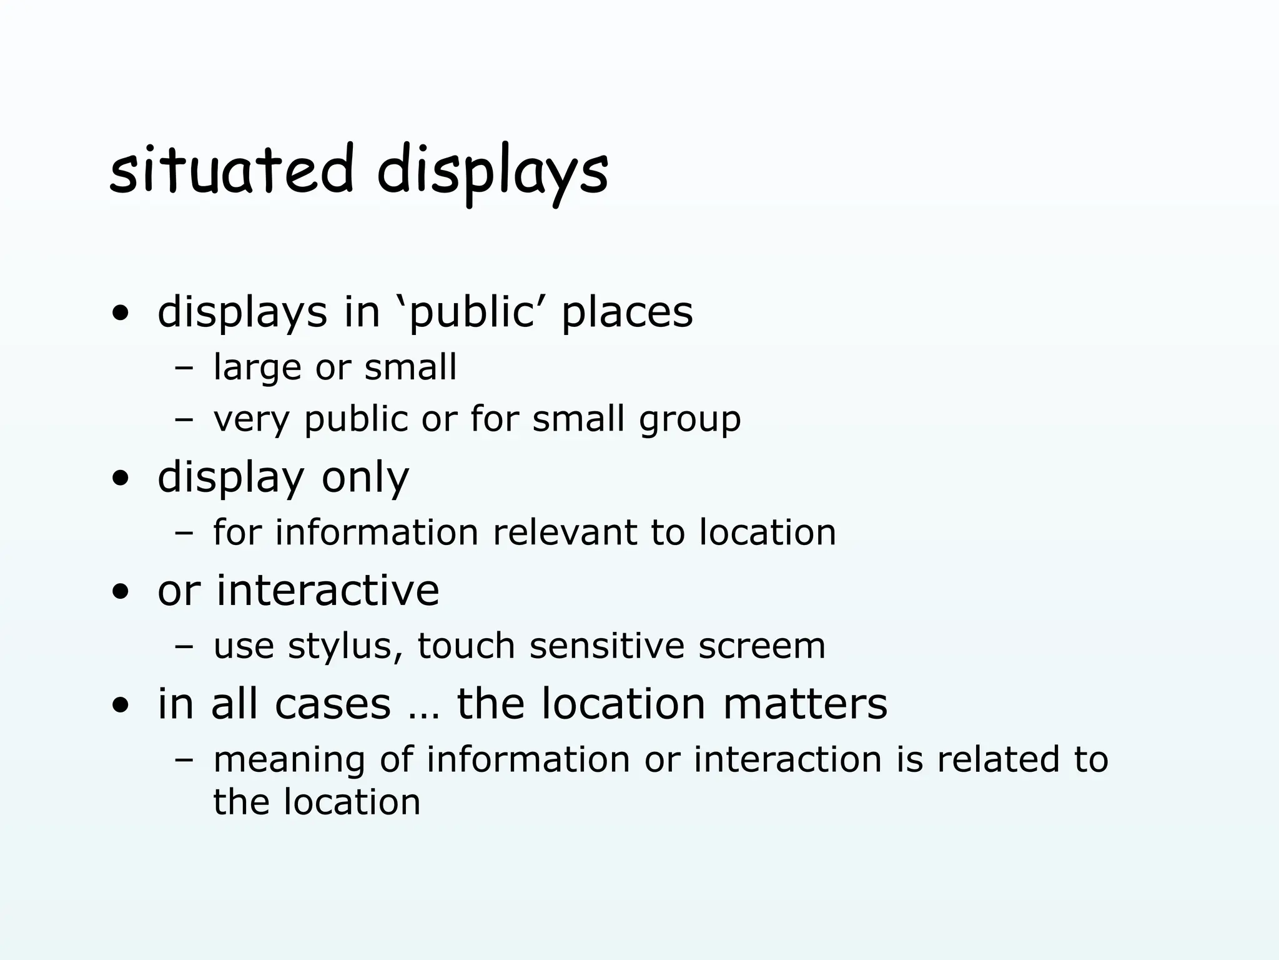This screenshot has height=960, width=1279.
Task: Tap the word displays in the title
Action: point(492,172)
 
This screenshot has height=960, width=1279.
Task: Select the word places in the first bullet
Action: point(627,312)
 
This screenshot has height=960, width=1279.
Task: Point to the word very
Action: point(251,419)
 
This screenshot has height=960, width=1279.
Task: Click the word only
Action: point(365,478)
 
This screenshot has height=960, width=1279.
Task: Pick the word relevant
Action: point(565,532)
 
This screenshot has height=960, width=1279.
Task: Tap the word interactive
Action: point(328,590)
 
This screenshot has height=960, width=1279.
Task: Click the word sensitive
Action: point(607,646)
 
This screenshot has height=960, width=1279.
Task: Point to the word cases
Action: point(333,704)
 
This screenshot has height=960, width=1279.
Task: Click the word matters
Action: point(805,704)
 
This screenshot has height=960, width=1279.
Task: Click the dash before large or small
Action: point(184,369)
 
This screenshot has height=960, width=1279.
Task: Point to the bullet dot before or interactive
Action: point(121,592)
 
